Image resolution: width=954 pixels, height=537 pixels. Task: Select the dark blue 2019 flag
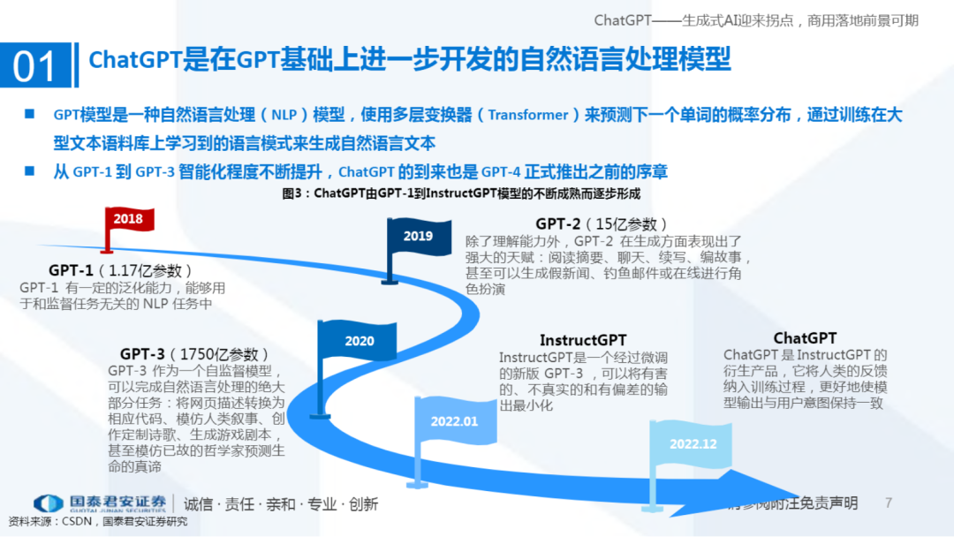click(x=418, y=236)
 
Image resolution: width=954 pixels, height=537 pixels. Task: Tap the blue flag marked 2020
click(x=359, y=341)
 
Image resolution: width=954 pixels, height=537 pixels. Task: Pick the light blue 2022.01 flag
click(x=453, y=421)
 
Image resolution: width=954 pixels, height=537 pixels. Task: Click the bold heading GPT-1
click(x=71, y=270)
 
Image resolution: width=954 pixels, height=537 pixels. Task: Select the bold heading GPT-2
click(x=557, y=224)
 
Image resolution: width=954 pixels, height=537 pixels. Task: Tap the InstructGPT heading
click(x=583, y=340)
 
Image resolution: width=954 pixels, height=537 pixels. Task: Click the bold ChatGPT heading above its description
click(x=805, y=338)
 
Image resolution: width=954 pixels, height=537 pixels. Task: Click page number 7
click(x=889, y=503)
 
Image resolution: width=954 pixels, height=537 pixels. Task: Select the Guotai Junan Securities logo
click(x=99, y=503)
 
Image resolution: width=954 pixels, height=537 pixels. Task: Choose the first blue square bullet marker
click(x=30, y=114)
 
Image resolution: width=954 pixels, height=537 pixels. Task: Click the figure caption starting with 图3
click(x=459, y=193)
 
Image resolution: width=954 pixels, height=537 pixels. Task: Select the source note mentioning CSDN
click(x=97, y=521)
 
